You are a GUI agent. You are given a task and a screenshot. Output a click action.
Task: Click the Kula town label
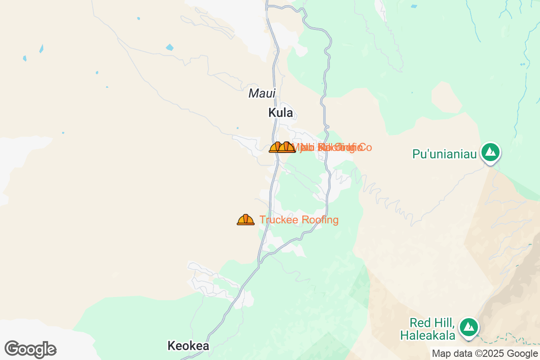pyautogui.click(x=280, y=113)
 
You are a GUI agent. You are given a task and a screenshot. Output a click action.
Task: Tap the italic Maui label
pyautogui.click(x=261, y=94)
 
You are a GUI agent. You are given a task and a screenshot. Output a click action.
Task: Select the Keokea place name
pyautogui.click(x=188, y=346)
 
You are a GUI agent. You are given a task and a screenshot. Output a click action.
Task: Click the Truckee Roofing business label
pyautogui.click(x=299, y=220)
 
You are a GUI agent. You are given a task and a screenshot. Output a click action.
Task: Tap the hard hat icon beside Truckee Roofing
pyautogui.click(x=245, y=220)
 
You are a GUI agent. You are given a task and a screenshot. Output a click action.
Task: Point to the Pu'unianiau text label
pyautogui.click(x=444, y=154)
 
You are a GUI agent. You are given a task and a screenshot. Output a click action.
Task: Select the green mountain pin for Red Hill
pyautogui.click(x=468, y=327)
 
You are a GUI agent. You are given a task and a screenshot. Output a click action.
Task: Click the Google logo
pyautogui.click(x=30, y=349)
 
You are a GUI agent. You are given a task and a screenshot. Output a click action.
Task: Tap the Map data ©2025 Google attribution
pyautogui.click(x=485, y=354)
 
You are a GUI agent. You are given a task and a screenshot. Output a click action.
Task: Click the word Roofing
pyautogui.click(x=320, y=220)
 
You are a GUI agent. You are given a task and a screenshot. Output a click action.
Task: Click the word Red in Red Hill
pyautogui.click(x=418, y=323)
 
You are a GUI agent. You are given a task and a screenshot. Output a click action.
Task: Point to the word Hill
pyautogui.click(x=444, y=323)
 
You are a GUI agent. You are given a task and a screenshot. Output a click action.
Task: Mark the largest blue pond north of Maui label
pyautogui.click(x=170, y=47)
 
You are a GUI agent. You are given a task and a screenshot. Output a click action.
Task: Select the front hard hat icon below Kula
pyautogui.click(x=287, y=147)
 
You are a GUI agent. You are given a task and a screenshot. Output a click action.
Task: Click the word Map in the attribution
pyautogui.click(x=440, y=354)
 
